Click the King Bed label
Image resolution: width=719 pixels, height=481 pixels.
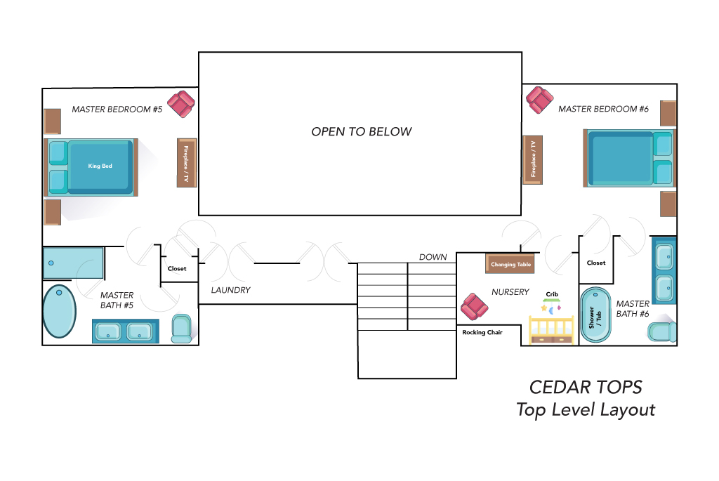[x=100, y=166]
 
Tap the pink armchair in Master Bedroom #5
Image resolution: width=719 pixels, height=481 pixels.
[x=181, y=104]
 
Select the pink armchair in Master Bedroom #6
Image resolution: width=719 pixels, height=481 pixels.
[x=540, y=100]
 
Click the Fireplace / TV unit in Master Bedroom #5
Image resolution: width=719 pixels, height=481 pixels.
[x=187, y=163]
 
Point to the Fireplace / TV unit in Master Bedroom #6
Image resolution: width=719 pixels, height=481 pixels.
[x=533, y=159]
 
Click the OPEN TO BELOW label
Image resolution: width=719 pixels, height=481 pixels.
[x=362, y=131]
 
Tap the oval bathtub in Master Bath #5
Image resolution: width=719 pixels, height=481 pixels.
[x=59, y=311]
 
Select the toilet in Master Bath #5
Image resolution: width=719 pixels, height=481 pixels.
[x=182, y=329]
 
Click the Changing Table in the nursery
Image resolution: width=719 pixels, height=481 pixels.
[x=510, y=263]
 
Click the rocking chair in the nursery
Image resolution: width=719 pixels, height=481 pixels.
[x=474, y=307]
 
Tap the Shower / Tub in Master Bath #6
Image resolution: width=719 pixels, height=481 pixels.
[x=595, y=315]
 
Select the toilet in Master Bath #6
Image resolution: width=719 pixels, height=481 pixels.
[x=662, y=332]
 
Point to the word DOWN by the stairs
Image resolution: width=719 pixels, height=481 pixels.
[x=433, y=257]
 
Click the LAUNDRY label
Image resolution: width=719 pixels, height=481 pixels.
[x=230, y=290]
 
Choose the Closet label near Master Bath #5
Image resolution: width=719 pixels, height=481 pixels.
[x=177, y=269]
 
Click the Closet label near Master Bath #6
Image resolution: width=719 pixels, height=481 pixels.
[x=596, y=263]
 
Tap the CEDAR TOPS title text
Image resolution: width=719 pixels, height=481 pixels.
[x=586, y=388]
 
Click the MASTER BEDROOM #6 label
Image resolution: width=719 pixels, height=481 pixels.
[x=603, y=109]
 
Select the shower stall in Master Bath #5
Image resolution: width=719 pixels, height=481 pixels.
[x=73, y=263]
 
